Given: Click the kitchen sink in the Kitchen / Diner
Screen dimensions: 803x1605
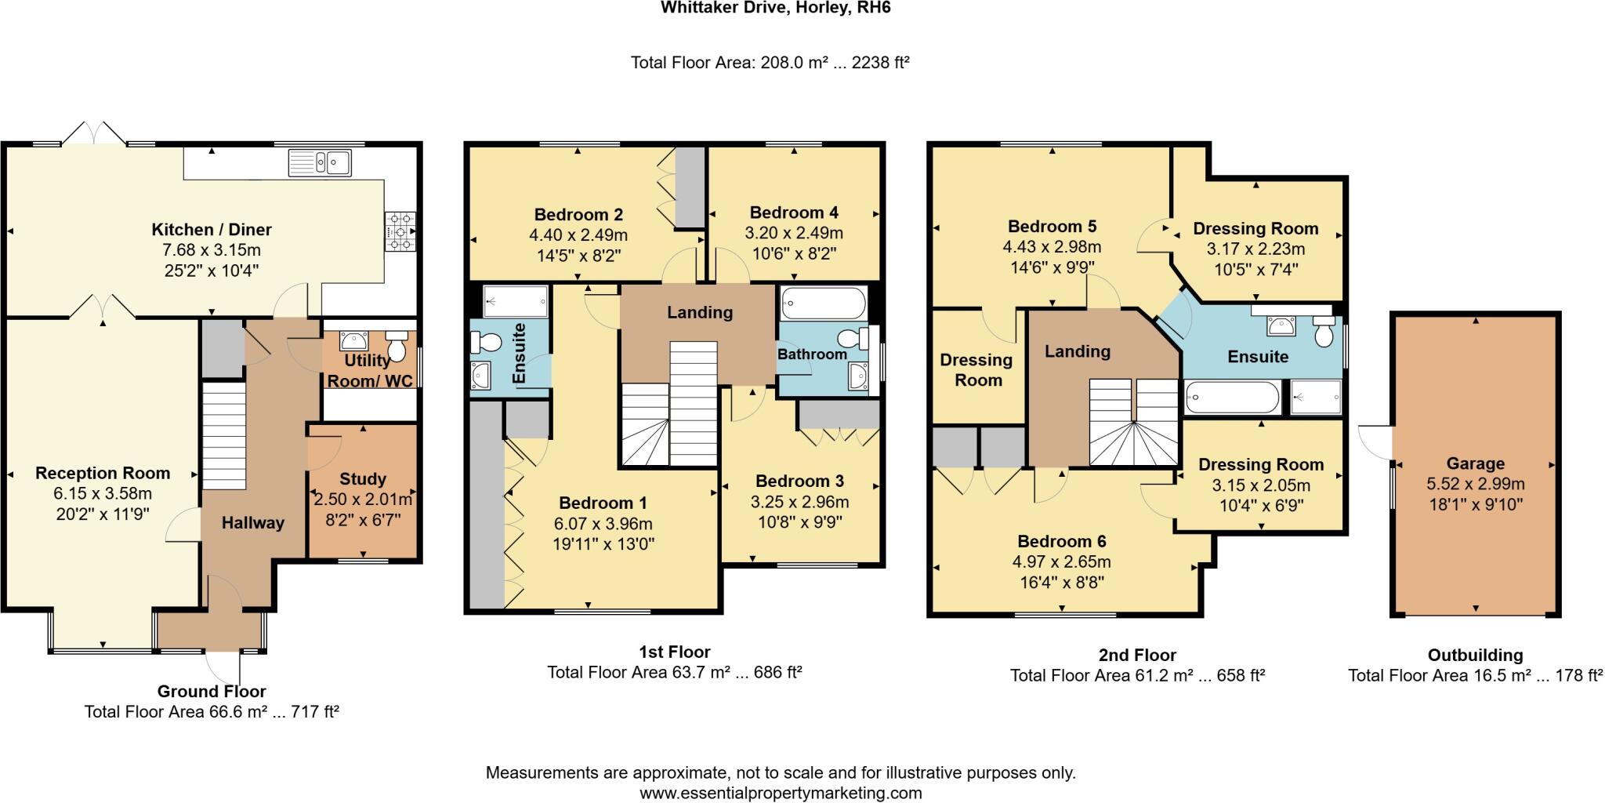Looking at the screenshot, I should click(x=320, y=163).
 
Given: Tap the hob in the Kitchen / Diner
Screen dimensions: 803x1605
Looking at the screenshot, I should click(x=400, y=232).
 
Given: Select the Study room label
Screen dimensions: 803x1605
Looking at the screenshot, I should click(x=362, y=479).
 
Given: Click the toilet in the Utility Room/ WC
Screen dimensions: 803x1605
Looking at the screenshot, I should click(x=397, y=347).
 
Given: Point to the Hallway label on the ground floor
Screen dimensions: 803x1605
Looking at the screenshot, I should click(x=252, y=523).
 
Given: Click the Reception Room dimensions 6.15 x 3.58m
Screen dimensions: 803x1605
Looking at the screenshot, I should click(x=103, y=493).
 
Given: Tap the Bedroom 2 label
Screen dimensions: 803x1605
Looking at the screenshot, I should click(x=578, y=215).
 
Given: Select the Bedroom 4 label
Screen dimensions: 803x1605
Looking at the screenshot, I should click(x=794, y=213).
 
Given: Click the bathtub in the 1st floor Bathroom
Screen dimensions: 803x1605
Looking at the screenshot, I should click(x=824, y=302).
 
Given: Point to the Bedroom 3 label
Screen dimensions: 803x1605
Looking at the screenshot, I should click(x=799, y=481).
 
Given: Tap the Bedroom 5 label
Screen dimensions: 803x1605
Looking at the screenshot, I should click(x=1052, y=227).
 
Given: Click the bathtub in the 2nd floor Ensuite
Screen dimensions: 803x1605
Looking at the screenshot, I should click(x=1232, y=397).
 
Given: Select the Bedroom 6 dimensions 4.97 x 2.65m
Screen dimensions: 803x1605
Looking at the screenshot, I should click(x=1062, y=561).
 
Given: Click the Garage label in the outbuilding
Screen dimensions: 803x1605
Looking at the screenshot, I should click(x=1475, y=463).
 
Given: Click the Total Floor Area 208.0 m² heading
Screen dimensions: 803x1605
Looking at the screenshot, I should click(x=770, y=63).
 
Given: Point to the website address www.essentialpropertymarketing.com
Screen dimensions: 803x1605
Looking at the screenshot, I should click(x=781, y=793).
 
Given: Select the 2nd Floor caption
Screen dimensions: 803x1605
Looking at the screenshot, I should click(x=1137, y=655).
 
